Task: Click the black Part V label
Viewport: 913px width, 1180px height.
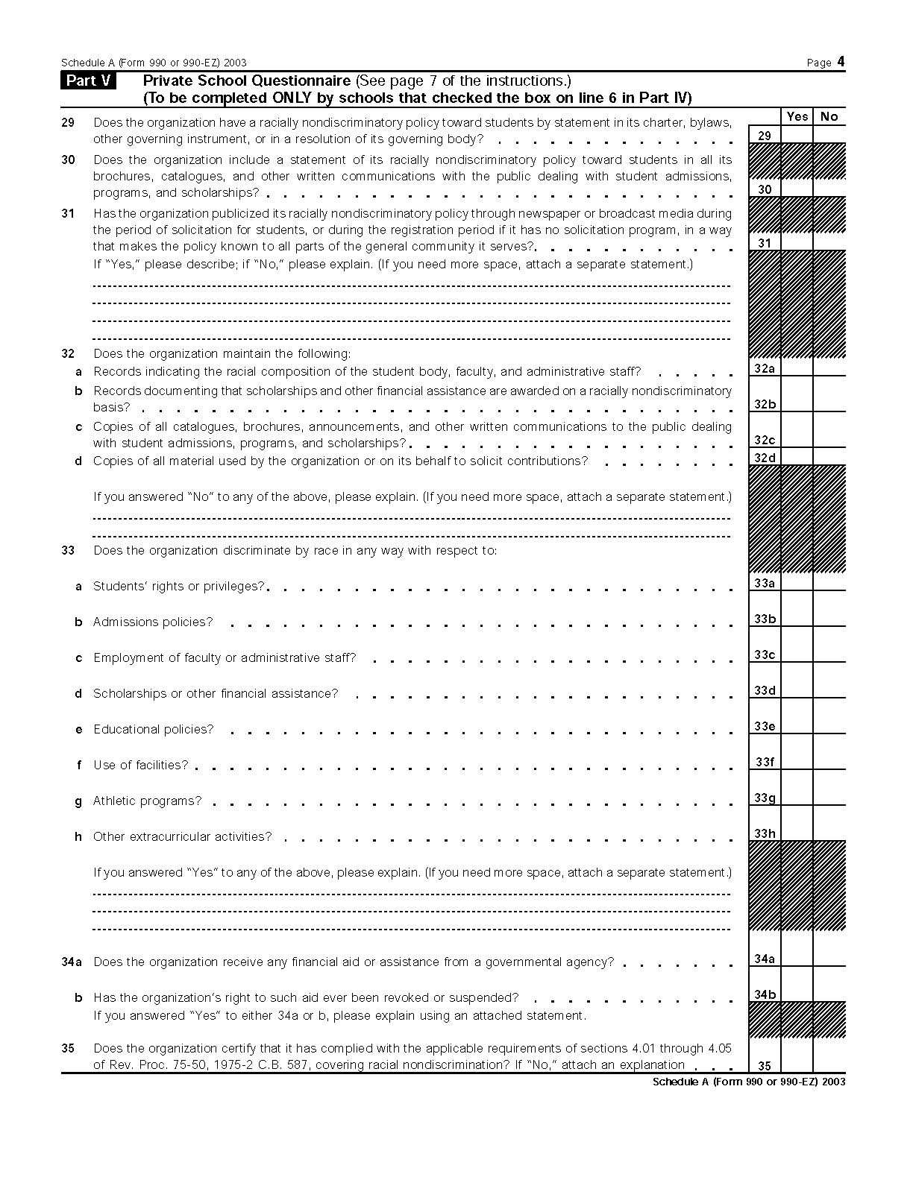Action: [89, 81]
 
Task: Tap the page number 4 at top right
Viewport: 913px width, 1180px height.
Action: [841, 62]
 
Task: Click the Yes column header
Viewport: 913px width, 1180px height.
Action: [797, 116]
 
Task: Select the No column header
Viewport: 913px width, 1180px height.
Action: [829, 116]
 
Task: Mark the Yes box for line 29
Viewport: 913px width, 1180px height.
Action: [797, 135]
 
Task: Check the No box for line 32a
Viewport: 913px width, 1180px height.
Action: [829, 367]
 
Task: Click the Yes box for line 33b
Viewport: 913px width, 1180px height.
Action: [797, 618]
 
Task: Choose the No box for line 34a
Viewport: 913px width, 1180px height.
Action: [829, 958]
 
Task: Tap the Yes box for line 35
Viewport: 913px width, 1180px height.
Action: [797, 1064]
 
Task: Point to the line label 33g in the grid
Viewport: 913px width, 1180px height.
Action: [765, 798]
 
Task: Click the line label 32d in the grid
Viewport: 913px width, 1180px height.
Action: [765, 458]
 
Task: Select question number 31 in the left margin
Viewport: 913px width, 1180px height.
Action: [68, 213]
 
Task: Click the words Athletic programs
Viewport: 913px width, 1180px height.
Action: [147, 801]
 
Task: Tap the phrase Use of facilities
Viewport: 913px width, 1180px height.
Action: [140, 765]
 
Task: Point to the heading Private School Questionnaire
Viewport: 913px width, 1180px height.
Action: [247, 81]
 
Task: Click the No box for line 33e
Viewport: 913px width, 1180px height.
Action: [829, 725]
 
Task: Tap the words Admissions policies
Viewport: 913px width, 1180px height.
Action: [153, 622]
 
